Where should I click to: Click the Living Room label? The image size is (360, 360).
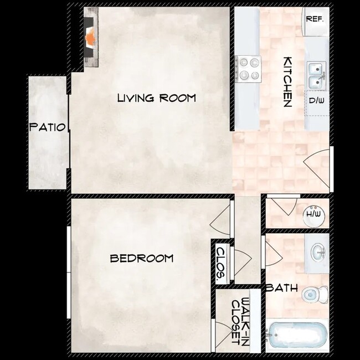[157, 99]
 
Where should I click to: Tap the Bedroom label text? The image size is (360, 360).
[141, 258]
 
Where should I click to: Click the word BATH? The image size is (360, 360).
[281, 288]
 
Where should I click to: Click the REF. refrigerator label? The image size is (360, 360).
[314, 18]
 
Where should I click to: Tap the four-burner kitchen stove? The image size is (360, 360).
[248, 70]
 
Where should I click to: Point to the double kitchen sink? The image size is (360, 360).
[316, 75]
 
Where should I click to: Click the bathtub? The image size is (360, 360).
[297, 336]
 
